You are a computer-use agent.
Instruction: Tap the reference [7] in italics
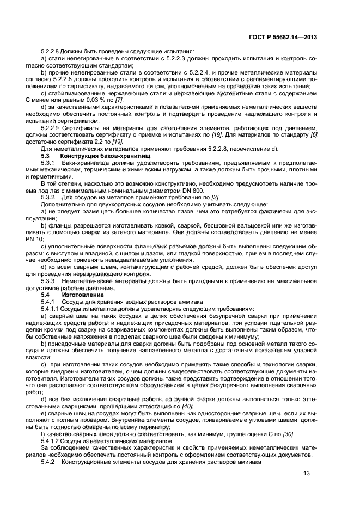click(x=119, y=100)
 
